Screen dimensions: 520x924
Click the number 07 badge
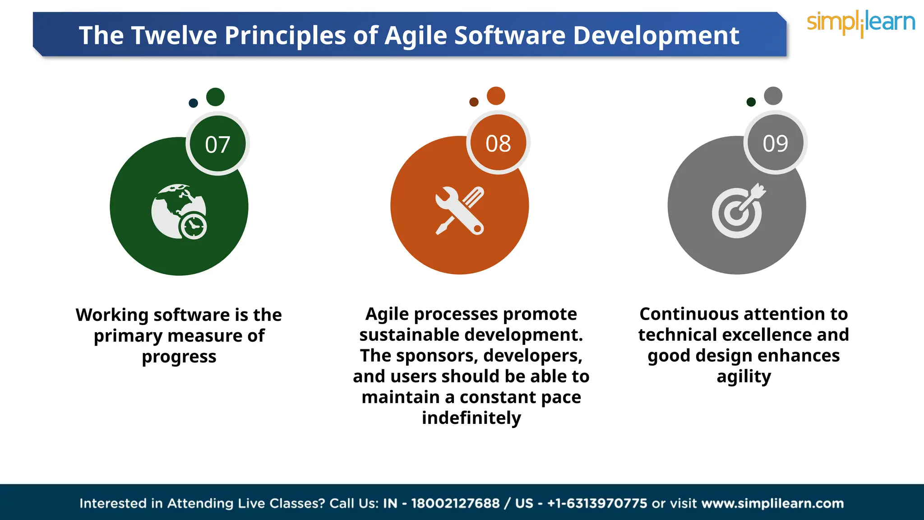click(217, 144)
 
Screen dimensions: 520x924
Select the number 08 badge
click(498, 143)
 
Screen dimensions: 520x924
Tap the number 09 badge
click(775, 143)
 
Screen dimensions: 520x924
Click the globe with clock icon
click(179, 211)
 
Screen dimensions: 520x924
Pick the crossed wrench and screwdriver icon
click(459, 210)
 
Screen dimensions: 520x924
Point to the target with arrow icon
click(738, 211)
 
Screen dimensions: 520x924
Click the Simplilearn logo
click(861, 23)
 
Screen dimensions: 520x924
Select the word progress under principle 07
click(179, 357)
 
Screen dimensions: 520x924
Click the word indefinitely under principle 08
click(471, 418)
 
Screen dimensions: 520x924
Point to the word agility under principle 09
click(744, 376)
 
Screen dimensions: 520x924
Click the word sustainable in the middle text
click(409, 335)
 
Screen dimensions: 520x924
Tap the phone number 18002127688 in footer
click(455, 503)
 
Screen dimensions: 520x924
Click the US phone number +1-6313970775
click(597, 503)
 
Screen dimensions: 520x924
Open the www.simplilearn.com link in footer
click(772, 503)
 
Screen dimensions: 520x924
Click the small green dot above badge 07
click(215, 97)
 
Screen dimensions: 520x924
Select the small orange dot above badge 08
click(496, 96)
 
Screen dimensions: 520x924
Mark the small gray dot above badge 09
click(773, 96)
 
